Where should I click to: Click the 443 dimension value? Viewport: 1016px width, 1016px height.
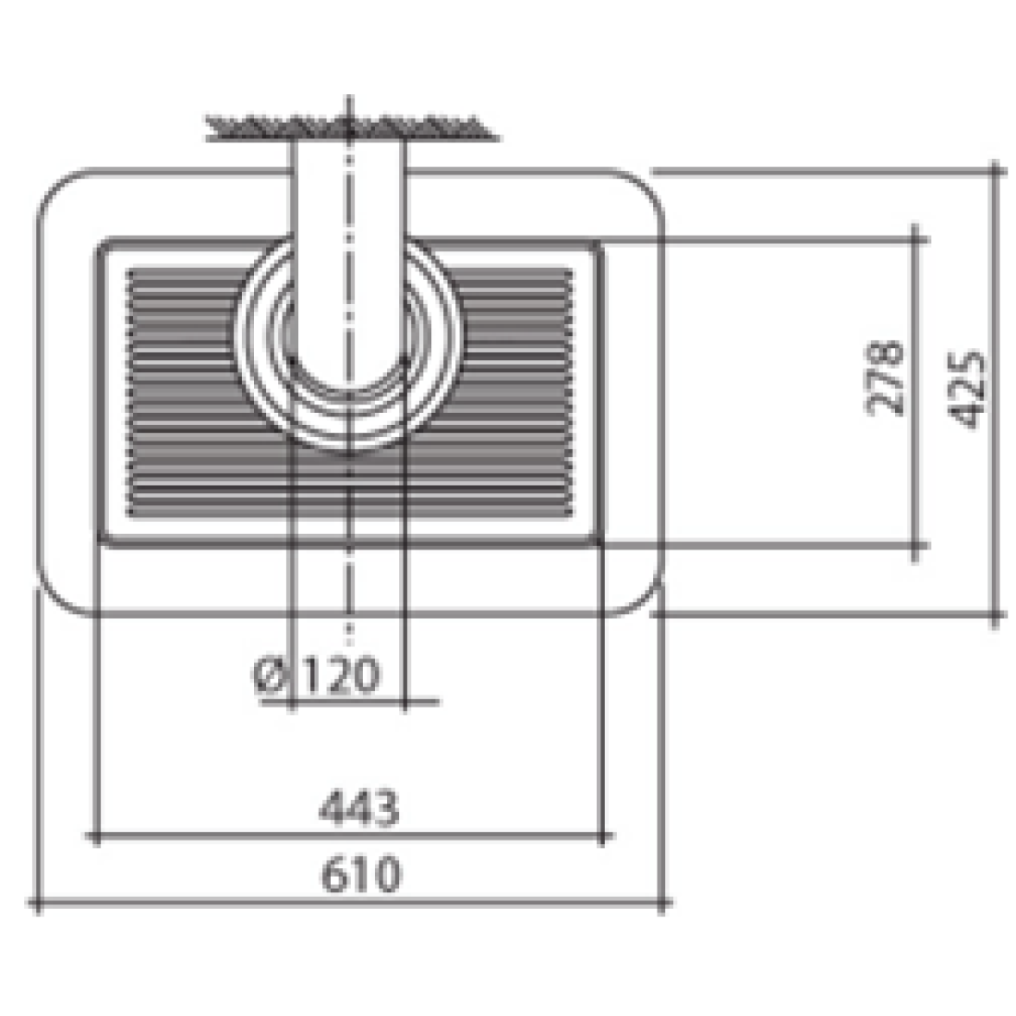click(358, 807)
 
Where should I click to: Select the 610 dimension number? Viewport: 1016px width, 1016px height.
click(361, 874)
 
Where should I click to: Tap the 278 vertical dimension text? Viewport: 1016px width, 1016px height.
click(885, 378)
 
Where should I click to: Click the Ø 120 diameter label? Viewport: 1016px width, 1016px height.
click(316, 674)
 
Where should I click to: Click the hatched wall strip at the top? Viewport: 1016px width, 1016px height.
click(351, 127)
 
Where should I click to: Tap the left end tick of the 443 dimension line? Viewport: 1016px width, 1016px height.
click(96, 837)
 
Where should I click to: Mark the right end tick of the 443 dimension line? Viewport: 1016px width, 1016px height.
click(602, 837)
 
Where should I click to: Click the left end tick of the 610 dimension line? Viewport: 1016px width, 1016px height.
click(38, 902)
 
